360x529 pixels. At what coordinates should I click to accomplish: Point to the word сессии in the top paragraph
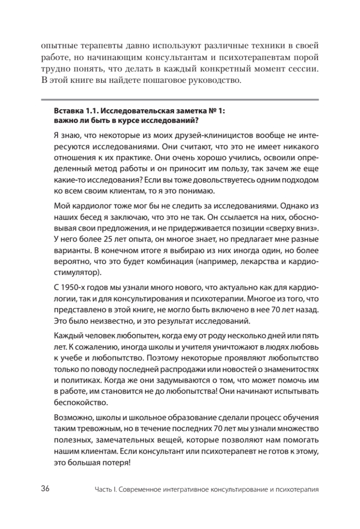pyautogui.click(x=301, y=70)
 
